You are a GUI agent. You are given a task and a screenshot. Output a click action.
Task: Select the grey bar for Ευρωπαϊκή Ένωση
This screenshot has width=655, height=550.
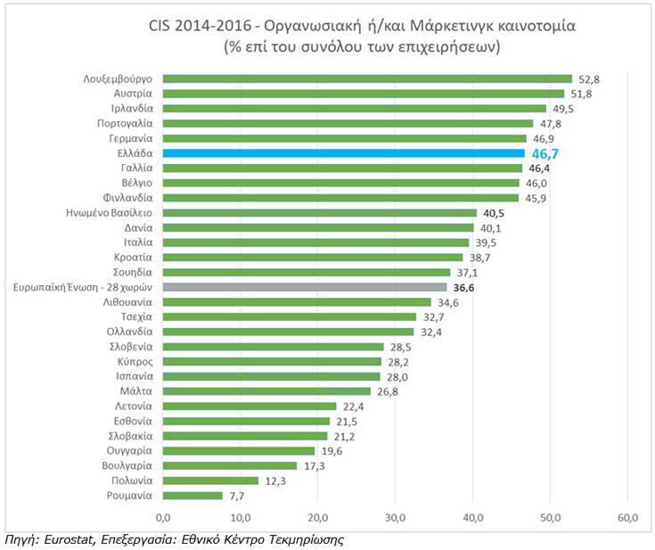click(304, 287)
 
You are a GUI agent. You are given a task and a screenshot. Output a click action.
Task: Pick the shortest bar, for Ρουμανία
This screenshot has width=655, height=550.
click(192, 496)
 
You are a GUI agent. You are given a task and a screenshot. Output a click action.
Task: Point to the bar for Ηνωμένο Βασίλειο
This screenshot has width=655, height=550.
click(319, 213)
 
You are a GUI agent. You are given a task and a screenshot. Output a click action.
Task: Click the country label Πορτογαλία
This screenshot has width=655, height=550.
click(125, 123)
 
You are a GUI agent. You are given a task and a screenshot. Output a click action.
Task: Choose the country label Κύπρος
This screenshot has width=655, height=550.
click(136, 361)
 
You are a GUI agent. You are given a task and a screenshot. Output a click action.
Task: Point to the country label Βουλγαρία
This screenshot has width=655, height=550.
click(128, 465)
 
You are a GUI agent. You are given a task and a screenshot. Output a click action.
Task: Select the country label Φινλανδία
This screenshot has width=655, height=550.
click(129, 198)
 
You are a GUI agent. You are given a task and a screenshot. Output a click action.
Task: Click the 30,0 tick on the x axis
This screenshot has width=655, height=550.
click(395, 516)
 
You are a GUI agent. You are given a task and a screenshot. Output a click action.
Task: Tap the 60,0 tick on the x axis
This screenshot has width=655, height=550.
click(627, 516)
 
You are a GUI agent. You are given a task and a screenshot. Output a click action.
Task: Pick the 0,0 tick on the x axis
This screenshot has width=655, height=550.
click(163, 516)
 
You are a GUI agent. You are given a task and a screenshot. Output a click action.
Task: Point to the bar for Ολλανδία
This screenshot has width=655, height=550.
click(288, 332)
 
